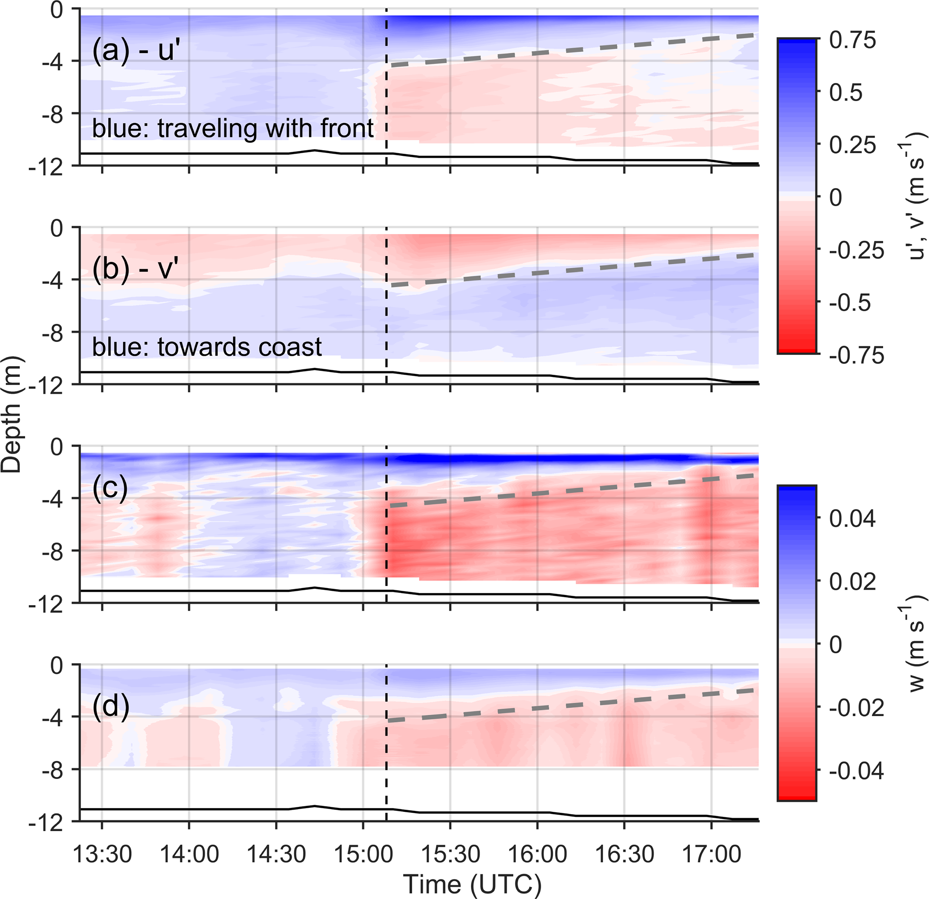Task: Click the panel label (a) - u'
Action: (137, 50)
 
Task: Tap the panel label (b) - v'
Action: (136, 269)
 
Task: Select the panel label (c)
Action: (110, 487)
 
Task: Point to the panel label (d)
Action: (111, 707)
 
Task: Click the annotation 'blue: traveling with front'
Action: (233, 128)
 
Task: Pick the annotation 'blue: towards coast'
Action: (207, 347)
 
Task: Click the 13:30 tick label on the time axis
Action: (102, 855)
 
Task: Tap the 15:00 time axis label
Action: (363, 855)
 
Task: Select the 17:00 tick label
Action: (711, 855)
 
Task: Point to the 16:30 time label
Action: (624, 855)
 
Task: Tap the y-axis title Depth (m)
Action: (11, 414)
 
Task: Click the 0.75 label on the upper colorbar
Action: (852, 41)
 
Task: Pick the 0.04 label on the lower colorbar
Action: (852, 519)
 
